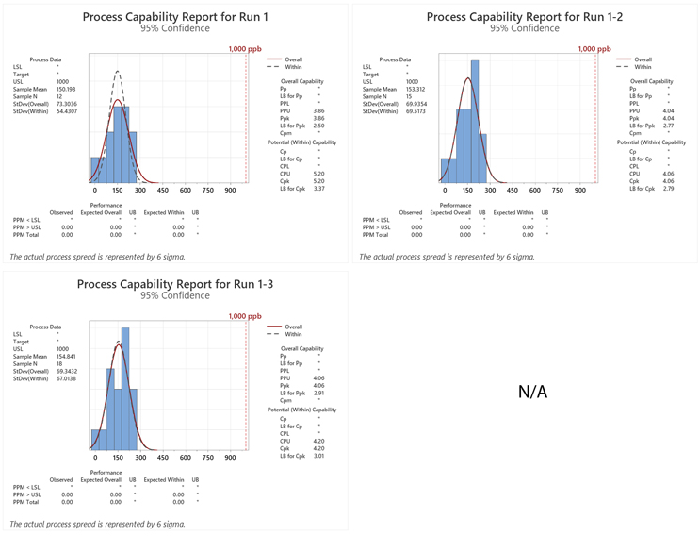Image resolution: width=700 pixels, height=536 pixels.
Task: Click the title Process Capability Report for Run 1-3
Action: pyautogui.click(x=174, y=284)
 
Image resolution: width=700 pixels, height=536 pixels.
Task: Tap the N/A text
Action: pyautogui.click(x=532, y=391)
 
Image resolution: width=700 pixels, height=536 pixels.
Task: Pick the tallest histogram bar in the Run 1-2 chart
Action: pyautogui.click(x=474, y=121)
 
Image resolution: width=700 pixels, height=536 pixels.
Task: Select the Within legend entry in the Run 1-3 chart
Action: pyautogui.click(x=293, y=334)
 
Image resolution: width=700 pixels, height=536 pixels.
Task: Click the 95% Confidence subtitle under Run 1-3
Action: pyautogui.click(x=174, y=295)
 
